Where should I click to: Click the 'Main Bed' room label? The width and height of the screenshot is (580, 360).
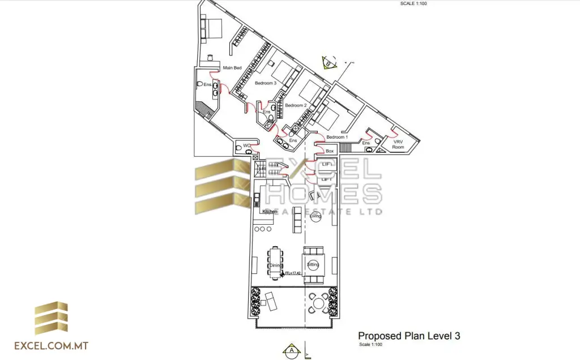pos(232,68)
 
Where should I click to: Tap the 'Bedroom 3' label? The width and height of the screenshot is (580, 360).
pos(265,83)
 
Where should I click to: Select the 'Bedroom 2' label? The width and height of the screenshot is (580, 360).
pos(296,106)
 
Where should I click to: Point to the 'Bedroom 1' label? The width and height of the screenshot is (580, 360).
pos(336,137)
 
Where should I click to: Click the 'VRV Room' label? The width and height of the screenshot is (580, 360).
pos(398,144)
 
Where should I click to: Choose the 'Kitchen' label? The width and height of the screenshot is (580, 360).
pos(270,212)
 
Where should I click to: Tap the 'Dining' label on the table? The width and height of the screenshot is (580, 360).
pos(275,265)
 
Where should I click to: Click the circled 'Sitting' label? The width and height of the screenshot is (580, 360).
pos(313,264)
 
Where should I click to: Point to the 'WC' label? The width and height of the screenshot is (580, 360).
pos(246,146)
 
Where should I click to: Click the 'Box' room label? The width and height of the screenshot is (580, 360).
pos(330,151)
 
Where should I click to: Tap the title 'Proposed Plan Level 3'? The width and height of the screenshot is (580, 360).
pos(408,336)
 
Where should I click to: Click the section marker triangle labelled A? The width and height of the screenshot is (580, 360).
pos(291,350)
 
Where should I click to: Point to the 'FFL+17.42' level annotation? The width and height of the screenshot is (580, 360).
pos(292,273)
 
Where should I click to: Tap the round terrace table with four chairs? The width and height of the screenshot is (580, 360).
pos(319,303)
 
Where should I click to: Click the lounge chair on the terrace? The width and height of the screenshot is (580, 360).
pos(270,300)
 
